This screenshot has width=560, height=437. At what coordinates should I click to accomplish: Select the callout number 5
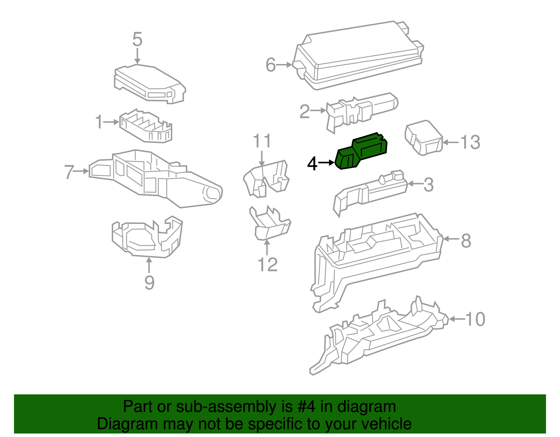tap(137, 39)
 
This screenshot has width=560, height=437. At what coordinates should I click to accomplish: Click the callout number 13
tap(470, 142)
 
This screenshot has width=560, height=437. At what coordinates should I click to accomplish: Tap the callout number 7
tap(69, 172)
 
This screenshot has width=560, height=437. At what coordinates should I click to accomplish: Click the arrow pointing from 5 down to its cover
tap(137, 56)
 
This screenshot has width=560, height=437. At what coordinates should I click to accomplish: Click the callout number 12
tap(267, 265)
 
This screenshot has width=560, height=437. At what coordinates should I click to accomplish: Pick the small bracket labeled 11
tap(266, 178)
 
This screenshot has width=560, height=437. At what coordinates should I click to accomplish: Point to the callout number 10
tap(475, 319)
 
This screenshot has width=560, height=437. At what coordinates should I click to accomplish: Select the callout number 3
tap(428, 184)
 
